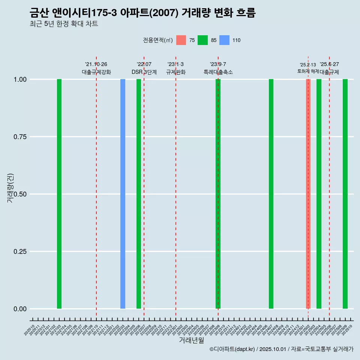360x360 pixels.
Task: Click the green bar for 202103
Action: (x=59, y=194)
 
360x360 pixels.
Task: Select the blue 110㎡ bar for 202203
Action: (x=123, y=194)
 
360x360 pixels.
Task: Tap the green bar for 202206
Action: (x=139, y=194)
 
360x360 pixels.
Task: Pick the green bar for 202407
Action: (x=271, y=194)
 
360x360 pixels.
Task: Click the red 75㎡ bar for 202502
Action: (x=308, y=194)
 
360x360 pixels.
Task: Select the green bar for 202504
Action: (x=319, y=194)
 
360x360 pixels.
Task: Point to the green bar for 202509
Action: (x=345, y=194)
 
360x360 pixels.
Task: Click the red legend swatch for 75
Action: (x=181, y=40)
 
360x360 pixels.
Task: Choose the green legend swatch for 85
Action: (x=202, y=40)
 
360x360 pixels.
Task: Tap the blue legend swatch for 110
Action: (x=224, y=40)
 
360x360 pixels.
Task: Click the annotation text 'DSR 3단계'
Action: (x=144, y=72)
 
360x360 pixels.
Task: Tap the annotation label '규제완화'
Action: (x=176, y=72)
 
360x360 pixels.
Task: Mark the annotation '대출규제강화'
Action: (x=96, y=72)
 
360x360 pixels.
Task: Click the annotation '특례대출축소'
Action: (x=218, y=72)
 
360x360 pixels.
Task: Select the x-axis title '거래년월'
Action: (x=191, y=340)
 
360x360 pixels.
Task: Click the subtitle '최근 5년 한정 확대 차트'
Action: (x=64, y=24)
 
